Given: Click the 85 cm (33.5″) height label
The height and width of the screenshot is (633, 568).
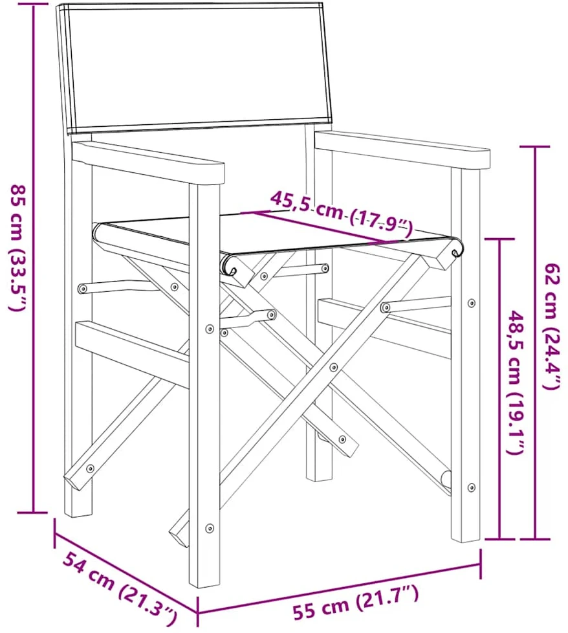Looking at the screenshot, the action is (x=19, y=248).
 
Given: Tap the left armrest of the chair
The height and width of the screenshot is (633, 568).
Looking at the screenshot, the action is (x=147, y=161).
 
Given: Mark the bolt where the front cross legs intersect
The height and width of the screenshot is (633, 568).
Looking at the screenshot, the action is (x=333, y=367).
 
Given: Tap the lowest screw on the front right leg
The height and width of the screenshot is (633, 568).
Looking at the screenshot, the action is (x=471, y=487).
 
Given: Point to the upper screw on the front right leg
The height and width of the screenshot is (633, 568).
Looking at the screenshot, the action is (x=471, y=303).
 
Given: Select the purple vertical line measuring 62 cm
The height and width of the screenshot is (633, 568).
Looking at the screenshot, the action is (x=535, y=342).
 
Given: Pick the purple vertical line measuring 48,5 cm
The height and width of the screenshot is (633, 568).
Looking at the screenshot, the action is (x=500, y=389).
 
